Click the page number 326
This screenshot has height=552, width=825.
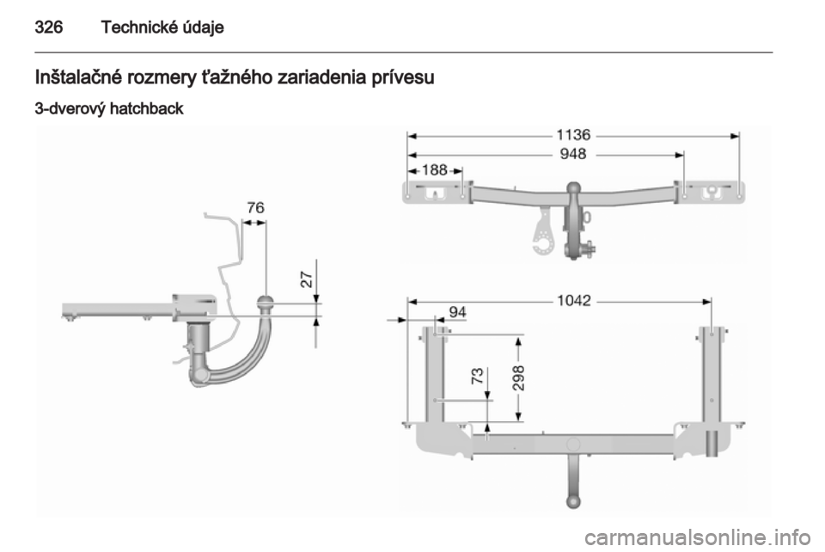[49, 27]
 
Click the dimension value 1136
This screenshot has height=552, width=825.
[573, 135]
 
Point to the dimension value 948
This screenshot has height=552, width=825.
[573, 154]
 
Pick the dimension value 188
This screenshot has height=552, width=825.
[435, 170]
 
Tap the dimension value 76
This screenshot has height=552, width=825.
[256, 208]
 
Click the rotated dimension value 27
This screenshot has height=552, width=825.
[307, 279]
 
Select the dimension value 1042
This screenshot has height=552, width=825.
[574, 300]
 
